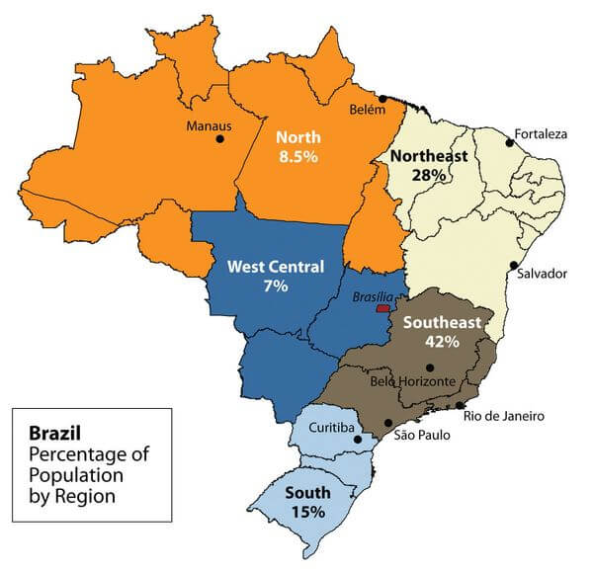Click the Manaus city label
pos(210,125)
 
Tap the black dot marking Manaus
pos(219,139)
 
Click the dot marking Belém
pos(381,99)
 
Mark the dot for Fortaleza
pos(510,143)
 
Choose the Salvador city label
pos(543,274)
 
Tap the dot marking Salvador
pos(513,265)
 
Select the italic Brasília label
pos(374,296)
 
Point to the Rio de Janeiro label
pos(504,416)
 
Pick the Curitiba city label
pos(326,426)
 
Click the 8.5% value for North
pos(297,157)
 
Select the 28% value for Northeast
pos(431,174)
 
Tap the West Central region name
pos(275,267)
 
